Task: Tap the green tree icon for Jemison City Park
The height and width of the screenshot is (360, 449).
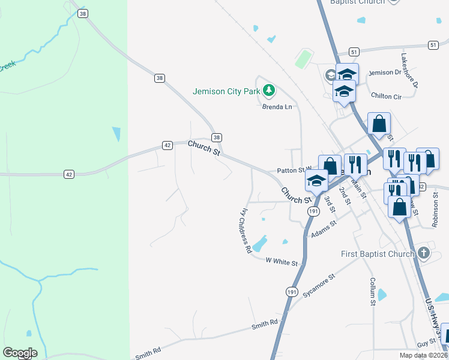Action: pos(270,91)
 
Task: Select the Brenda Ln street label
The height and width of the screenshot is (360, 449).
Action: pos(277,107)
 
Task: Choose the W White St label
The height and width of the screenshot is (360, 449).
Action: pos(283,263)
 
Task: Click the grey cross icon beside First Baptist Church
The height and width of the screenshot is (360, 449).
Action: pos(424,253)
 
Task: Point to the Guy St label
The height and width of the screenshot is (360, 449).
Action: pos(426,342)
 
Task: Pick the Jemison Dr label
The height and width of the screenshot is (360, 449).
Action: pos(384,73)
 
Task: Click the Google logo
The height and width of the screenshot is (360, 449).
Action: pos(20,353)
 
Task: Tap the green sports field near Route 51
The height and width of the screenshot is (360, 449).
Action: pos(304,59)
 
